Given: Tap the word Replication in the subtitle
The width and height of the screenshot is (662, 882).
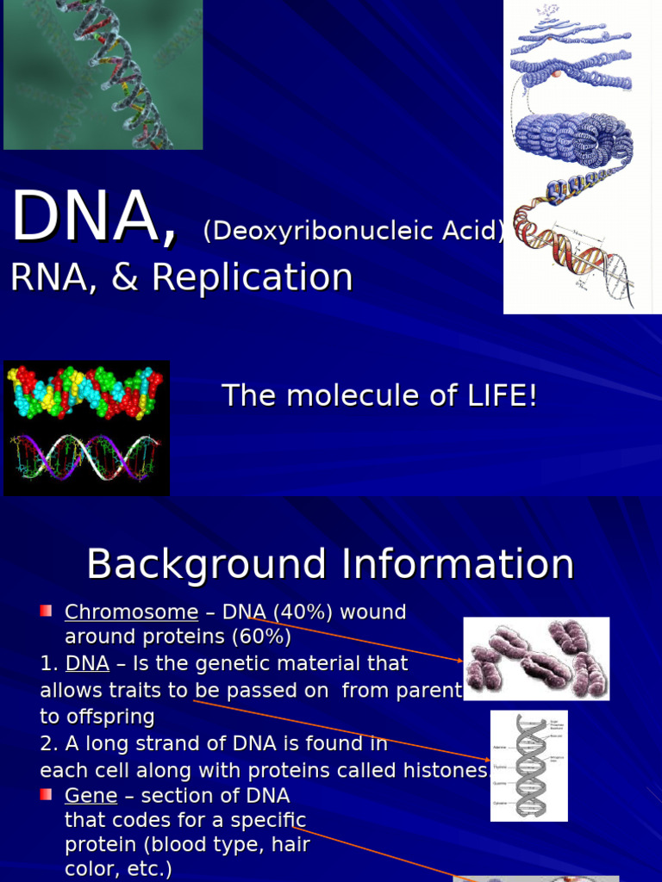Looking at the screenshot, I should (x=253, y=277).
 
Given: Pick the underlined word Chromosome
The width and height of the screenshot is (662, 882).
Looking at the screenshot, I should (x=131, y=612).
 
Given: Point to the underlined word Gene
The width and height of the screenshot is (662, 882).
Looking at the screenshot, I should (x=90, y=795).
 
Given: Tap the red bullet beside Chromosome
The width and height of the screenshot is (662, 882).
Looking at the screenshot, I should (x=46, y=611).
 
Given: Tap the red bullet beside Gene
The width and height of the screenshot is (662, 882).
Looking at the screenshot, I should (x=46, y=793).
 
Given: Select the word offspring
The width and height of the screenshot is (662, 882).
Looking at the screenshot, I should (x=97, y=717).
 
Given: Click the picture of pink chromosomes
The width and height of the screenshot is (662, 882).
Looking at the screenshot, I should (x=536, y=658).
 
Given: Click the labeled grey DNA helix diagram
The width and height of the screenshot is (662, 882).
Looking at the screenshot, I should (x=528, y=766).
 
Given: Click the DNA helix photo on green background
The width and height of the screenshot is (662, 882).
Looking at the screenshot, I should (x=103, y=75).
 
